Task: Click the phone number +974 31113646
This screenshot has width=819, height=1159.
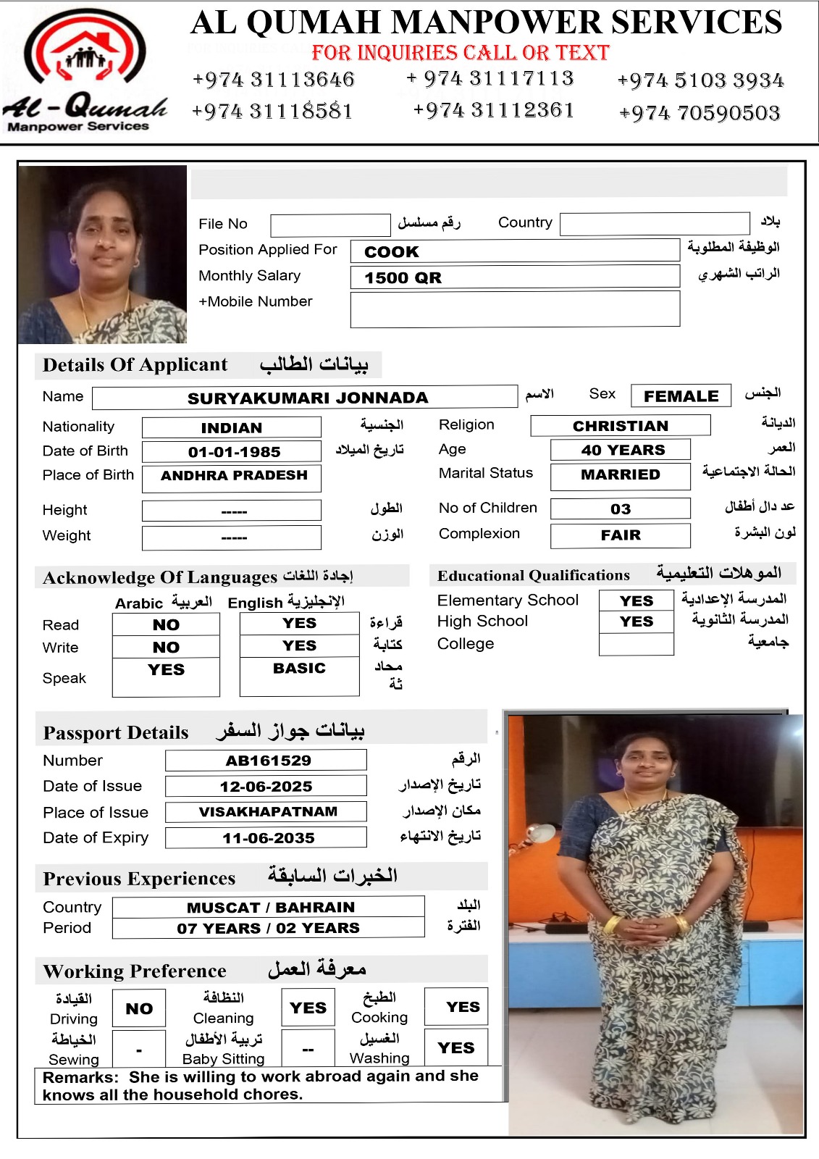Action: tap(273, 80)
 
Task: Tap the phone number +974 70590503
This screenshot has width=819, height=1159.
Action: tap(700, 113)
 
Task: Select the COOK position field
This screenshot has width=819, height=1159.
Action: tap(514, 251)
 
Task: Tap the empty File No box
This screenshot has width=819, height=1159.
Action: tap(330, 225)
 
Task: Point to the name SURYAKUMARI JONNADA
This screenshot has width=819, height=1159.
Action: tap(307, 398)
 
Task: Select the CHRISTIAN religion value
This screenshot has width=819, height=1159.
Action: tap(620, 426)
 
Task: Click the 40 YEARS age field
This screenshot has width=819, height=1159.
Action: tap(621, 450)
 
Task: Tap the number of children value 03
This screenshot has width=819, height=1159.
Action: tap(620, 509)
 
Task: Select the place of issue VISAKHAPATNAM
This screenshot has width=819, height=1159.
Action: tap(267, 811)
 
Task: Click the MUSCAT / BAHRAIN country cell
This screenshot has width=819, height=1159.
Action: tap(270, 908)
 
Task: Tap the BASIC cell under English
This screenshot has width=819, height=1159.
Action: tap(299, 669)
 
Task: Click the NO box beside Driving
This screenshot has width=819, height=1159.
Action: tap(139, 1008)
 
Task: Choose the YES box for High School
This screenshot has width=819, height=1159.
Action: tap(636, 622)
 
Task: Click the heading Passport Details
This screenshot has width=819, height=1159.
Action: tap(116, 732)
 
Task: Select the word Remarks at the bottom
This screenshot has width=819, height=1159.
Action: tap(80, 1077)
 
